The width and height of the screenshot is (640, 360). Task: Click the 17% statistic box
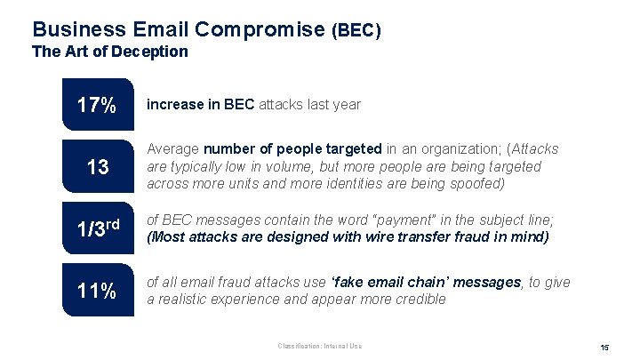(96, 106)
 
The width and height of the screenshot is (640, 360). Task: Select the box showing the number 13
(96, 166)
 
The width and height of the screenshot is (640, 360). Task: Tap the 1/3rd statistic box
(96, 228)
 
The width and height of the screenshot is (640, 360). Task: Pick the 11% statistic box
(96, 290)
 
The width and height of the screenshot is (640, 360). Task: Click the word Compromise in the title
(258, 29)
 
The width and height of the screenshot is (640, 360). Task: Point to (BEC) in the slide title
(356, 31)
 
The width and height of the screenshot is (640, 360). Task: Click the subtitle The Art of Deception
(110, 52)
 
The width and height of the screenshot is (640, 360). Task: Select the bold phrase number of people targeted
(293, 149)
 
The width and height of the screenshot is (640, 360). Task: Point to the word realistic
(185, 299)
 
